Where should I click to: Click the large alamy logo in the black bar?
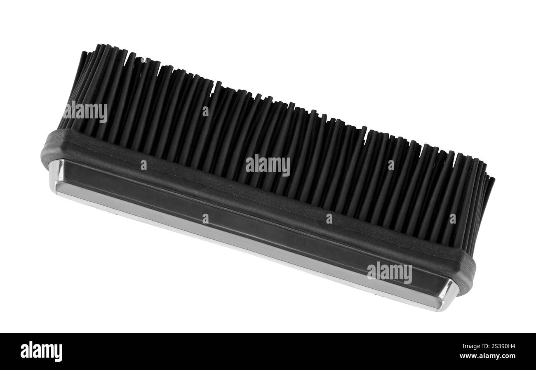(41, 352)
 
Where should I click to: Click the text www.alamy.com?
(487, 356)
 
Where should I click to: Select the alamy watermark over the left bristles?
(85, 112)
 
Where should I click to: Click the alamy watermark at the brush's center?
(268, 166)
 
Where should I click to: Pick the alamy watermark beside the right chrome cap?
(390, 273)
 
